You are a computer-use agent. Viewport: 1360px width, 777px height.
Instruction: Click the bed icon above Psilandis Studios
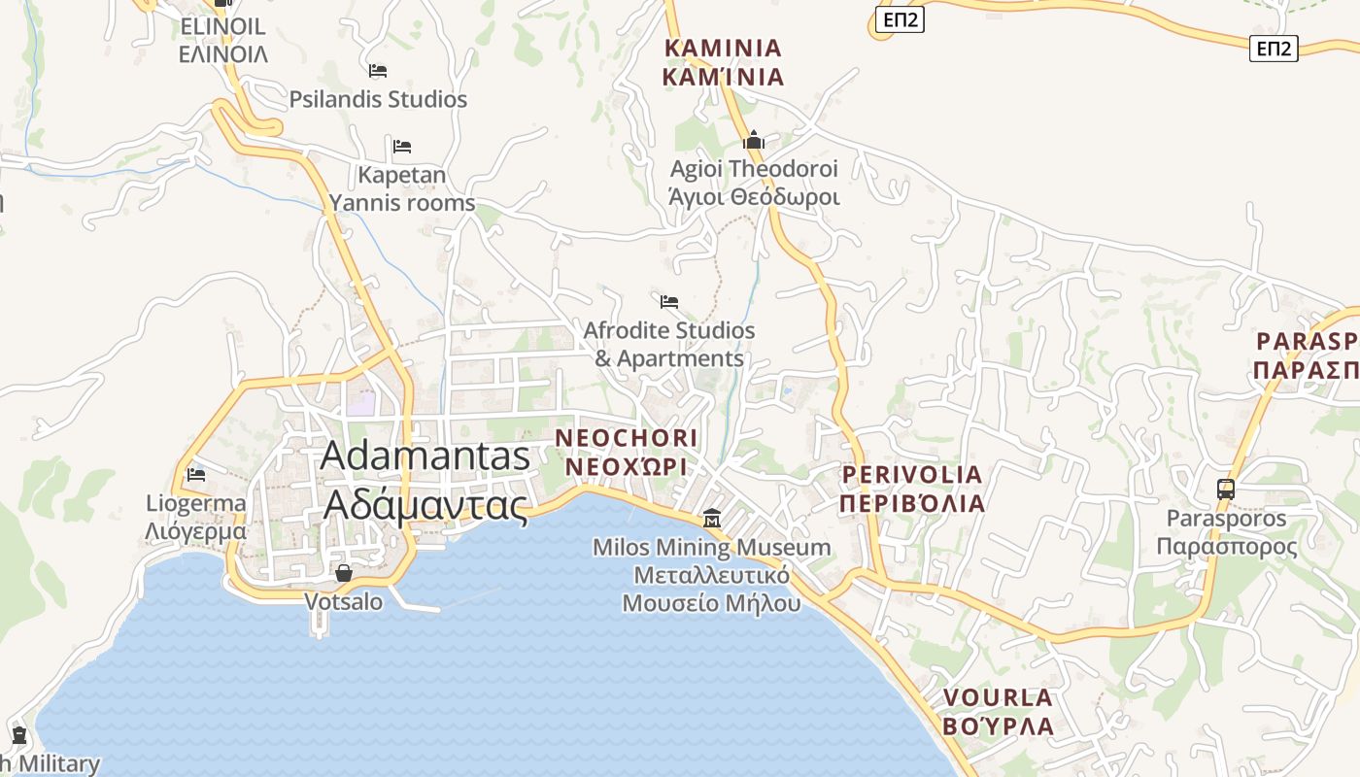[378, 71]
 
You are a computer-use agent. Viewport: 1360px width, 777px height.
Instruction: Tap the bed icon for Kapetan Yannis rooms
[402, 147]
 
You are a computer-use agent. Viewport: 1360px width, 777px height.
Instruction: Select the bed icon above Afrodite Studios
[669, 302]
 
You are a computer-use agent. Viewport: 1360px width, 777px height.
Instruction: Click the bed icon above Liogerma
[196, 475]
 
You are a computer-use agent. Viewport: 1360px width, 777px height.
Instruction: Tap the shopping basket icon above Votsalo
[343, 573]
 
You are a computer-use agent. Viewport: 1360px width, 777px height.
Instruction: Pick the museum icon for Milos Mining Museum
[712, 519]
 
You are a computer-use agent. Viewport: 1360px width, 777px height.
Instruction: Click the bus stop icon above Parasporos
[1226, 490]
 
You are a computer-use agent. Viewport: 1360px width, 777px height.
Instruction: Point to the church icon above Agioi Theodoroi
[754, 141]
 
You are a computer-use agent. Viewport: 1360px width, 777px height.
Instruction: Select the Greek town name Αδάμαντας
[425, 505]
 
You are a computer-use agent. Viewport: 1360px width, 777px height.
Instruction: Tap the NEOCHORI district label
[627, 438]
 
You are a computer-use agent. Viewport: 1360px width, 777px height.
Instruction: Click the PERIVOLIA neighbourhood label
[912, 475]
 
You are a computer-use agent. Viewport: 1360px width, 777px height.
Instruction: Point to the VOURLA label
[998, 697]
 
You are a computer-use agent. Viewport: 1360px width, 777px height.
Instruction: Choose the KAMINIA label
[723, 48]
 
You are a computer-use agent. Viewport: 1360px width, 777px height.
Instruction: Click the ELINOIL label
[222, 26]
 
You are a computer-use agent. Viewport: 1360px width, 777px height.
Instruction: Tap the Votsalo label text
[344, 602]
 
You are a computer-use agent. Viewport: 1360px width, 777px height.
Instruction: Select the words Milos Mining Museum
[712, 548]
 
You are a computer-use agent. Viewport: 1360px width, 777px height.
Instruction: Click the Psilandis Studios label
[378, 99]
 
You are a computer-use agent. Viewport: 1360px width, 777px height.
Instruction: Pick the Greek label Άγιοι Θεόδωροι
[754, 197]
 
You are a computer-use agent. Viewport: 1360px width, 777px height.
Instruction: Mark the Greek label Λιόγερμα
[195, 531]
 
